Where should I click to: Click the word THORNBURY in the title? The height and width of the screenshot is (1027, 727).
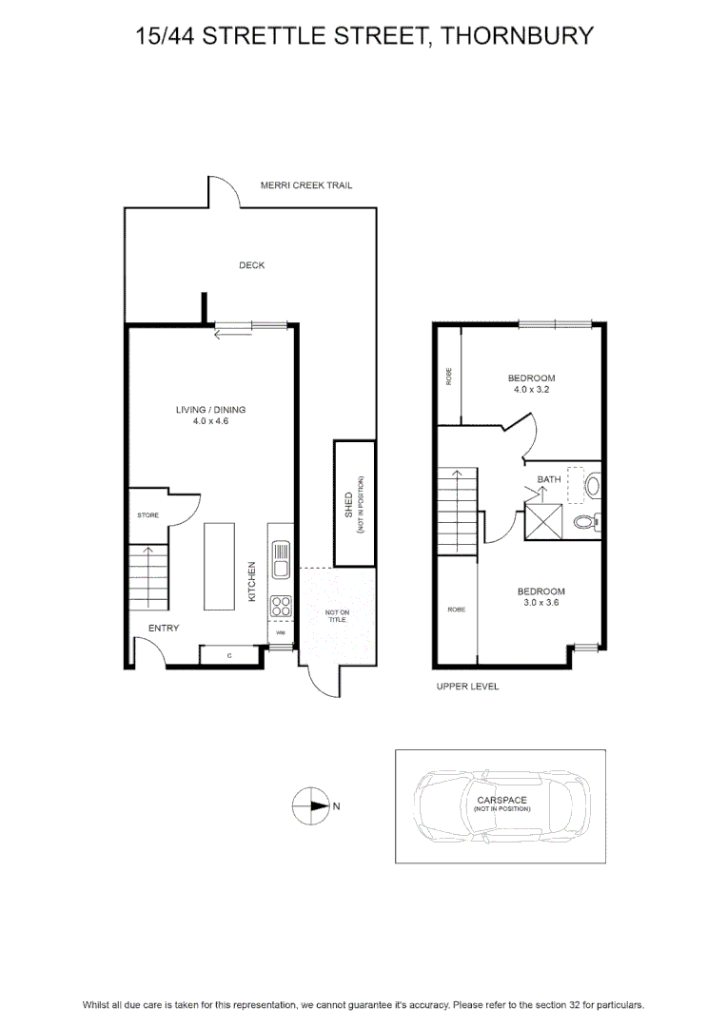[x=517, y=36]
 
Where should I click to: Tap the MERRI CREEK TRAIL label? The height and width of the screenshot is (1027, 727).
[x=306, y=185]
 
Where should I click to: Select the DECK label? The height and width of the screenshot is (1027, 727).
[x=252, y=265]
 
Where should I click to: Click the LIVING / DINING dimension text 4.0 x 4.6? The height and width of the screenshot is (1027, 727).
[x=210, y=421]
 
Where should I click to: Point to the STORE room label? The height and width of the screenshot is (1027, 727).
[x=148, y=515]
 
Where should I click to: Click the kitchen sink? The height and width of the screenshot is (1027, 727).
[x=281, y=559]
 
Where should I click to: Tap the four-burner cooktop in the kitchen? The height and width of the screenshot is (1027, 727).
[x=282, y=606]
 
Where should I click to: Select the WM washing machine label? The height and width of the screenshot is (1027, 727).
[x=281, y=632]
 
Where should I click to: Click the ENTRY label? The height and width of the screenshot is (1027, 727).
[x=164, y=629]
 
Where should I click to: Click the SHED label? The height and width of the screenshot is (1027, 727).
[x=348, y=505]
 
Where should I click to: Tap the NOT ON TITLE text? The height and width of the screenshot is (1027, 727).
[x=337, y=615]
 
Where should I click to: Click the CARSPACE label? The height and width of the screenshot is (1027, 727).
[x=502, y=801]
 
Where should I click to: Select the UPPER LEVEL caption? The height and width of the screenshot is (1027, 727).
[x=467, y=687]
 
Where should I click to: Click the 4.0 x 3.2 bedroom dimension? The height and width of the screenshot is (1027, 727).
[x=532, y=390]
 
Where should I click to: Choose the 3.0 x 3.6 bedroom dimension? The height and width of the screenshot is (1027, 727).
[x=541, y=603]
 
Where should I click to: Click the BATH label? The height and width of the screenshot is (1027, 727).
[x=549, y=479]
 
